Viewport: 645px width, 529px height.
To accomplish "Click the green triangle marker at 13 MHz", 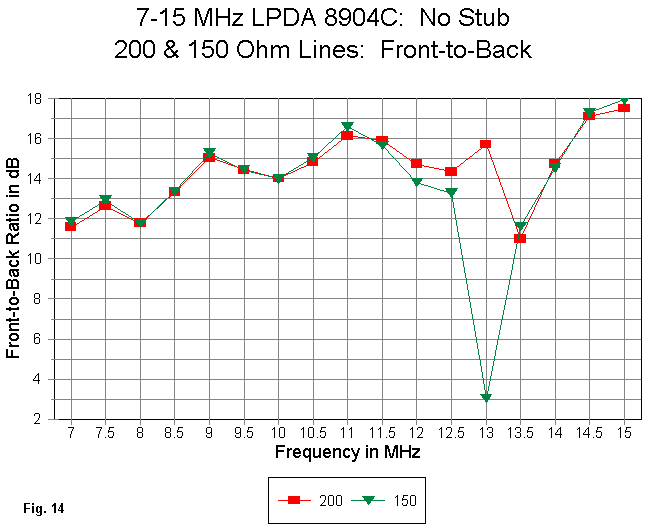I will click(486, 398).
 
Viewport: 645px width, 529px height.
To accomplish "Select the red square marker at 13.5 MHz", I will click(520, 238).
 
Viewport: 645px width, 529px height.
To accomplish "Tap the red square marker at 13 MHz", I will click(486, 144).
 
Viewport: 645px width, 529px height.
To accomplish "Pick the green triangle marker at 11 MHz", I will click(347, 127).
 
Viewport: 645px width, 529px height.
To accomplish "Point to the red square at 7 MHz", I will click(71, 227).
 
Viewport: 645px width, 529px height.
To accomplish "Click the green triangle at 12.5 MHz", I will click(451, 192).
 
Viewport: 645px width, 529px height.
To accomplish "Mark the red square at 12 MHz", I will click(417, 163).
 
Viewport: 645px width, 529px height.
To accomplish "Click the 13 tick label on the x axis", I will click(486, 433).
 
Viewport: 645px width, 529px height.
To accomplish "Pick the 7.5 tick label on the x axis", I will click(105, 433).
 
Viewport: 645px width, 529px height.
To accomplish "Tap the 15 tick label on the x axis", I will click(624, 433).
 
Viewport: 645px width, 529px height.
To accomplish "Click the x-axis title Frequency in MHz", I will click(347, 452).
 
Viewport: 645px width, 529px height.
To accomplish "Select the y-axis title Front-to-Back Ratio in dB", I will click(15, 258).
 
